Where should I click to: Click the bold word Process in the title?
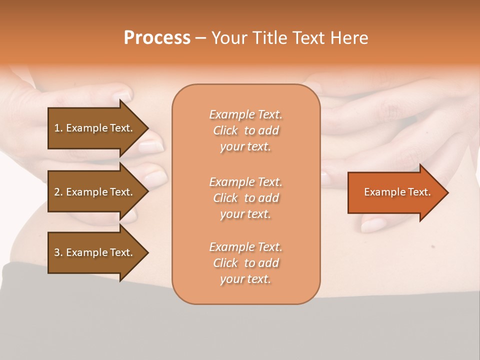point(157,38)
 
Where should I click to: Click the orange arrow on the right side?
point(395,192)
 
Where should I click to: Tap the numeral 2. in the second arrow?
point(58,192)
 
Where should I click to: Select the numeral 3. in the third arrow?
point(58,252)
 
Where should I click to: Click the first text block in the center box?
point(245,130)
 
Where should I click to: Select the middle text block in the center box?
point(245,198)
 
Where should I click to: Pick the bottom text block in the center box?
point(245,263)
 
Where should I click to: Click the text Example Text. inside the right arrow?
point(397,192)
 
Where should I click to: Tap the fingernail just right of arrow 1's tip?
point(151,146)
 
